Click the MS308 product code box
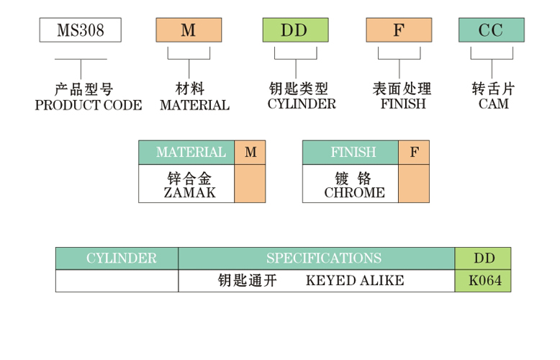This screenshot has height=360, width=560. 81,30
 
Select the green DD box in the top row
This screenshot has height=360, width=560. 295,30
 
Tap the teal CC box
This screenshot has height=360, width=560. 492,30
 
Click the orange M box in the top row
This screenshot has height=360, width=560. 189,30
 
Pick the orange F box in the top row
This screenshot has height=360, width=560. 399,30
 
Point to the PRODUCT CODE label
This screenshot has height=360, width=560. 89,105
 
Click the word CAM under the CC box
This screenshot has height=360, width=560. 494,104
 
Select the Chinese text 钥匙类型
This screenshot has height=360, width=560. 299,89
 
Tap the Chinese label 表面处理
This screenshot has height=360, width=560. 402,89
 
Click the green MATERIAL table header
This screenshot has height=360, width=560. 186,153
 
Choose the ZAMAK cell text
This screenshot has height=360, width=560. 189,193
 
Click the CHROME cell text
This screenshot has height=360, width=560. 355,193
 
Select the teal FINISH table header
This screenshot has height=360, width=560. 351,153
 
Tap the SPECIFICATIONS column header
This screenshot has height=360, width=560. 317,258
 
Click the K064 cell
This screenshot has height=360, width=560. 483,281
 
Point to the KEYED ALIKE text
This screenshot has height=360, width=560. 355,281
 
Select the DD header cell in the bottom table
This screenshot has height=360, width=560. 483,258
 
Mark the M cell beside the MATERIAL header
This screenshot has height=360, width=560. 250,153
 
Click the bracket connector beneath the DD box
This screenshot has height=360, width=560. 296,59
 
